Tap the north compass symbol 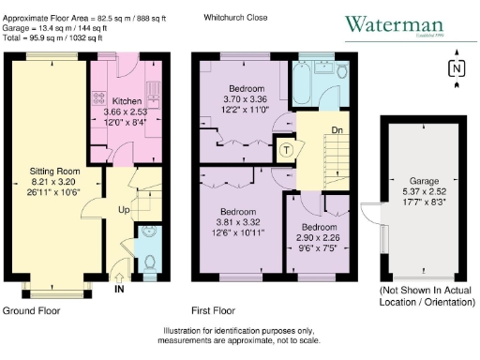click(x=456, y=69)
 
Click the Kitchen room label click(x=127, y=99)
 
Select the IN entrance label click(x=119, y=290)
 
